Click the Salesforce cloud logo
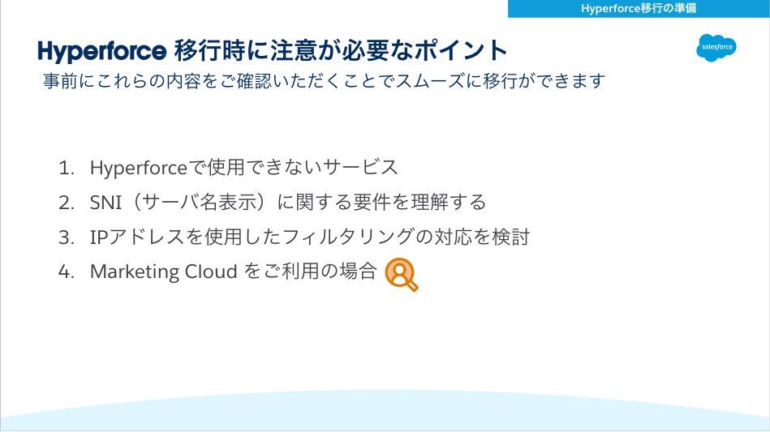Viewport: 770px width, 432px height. [716, 48]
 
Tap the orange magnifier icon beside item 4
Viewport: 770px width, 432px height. [401, 274]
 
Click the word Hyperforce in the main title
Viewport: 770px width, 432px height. [101, 50]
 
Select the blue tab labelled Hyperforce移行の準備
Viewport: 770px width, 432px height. [639, 8]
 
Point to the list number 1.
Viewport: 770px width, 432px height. [65, 168]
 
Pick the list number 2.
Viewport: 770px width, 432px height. [65, 202]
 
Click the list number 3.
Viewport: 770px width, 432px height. [65, 237]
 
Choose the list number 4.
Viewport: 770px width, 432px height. [65, 272]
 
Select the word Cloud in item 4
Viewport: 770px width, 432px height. [209, 272]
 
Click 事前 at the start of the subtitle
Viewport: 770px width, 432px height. [58, 82]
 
